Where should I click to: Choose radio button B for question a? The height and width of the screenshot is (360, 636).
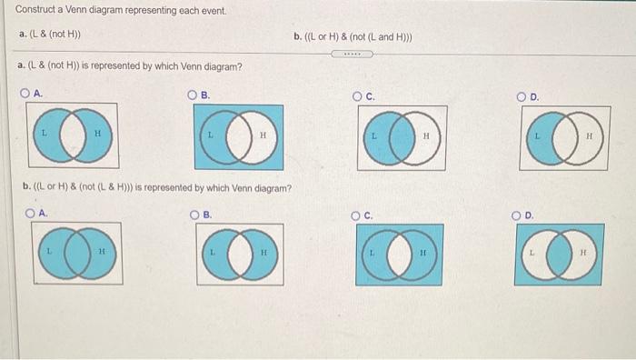pyautogui.click(x=193, y=95)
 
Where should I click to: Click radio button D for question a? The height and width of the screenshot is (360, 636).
pyautogui.click(x=522, y=95)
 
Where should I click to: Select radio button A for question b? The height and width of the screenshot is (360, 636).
pyautogui.click(x=31, y=214)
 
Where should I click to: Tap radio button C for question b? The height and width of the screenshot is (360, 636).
pyautogui.click(x=357, y=215)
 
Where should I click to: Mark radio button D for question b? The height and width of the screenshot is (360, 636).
pyautogui.click(x=519, y=215)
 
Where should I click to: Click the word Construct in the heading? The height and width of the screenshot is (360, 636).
pyautogui.click(x=35, y=10)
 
